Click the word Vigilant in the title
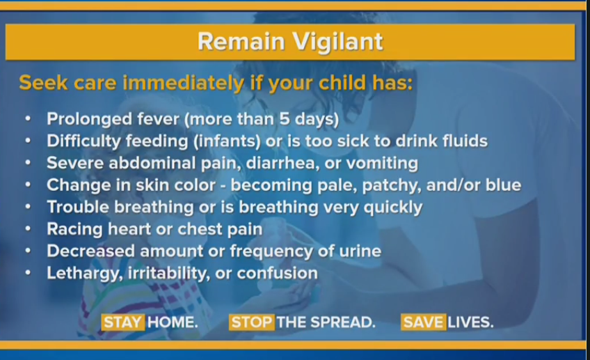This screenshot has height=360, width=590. (x=337, y=42)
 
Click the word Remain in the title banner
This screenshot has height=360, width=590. (x=241, y=41)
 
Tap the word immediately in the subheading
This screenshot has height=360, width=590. (x=184, y=84)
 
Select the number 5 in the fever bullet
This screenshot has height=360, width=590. (x=285, y=119)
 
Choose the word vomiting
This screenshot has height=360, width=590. (x=382, y=164)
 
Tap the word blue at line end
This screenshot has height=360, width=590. (x=503, y=185)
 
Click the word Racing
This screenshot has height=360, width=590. (x=74, y=229)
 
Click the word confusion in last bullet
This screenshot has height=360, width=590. (x=278, y=273)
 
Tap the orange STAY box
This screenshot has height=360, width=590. (x=123, y=322)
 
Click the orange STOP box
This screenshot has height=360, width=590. (x=252, y=322)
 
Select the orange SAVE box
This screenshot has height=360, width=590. (x=424, y=322)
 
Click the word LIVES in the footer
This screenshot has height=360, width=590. (x=470, y=322)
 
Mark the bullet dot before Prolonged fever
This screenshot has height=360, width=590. (x=28, y=118)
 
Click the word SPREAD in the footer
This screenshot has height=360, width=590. (x=343, y=322)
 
